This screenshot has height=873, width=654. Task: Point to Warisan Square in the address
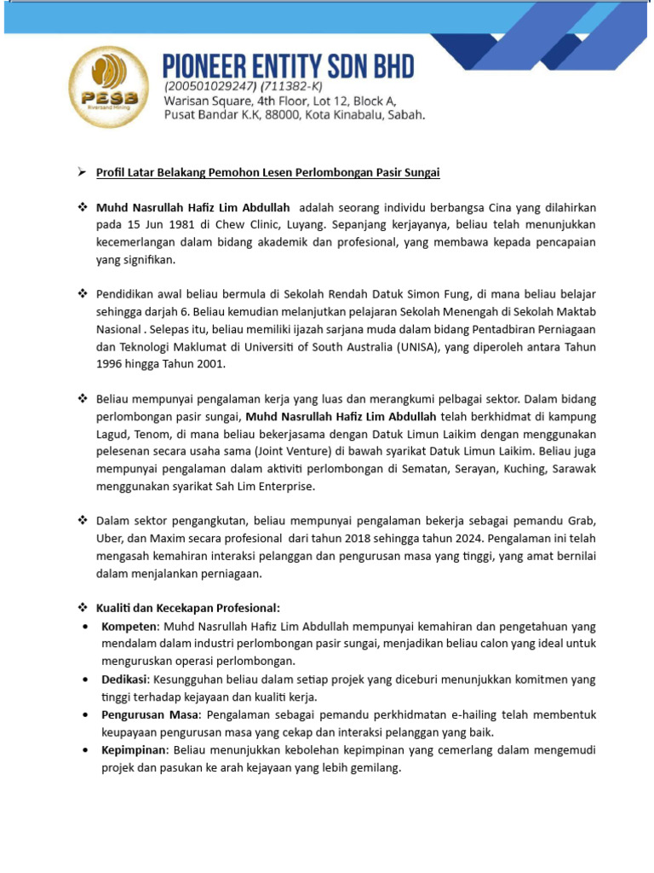(204, 101)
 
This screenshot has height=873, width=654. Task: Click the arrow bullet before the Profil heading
(83, 172)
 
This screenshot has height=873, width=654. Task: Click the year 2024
(468, 539)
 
